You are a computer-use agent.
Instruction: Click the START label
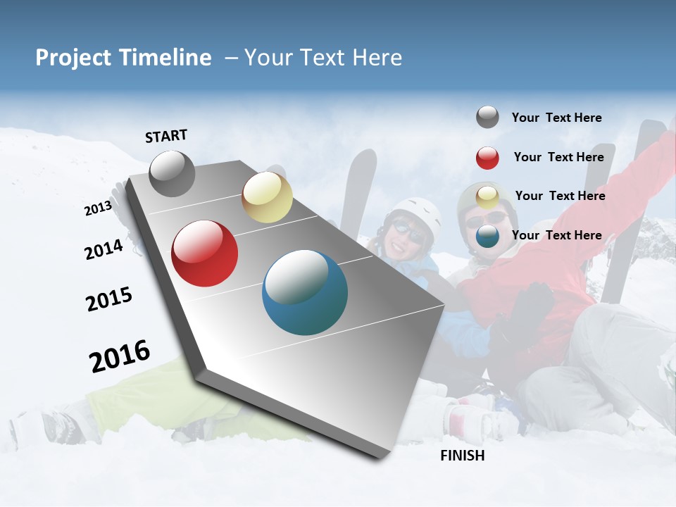166,136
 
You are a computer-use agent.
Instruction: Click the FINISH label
462,456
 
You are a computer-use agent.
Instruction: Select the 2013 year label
98,208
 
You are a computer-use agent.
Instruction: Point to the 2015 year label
109,299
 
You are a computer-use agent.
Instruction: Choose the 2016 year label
120,356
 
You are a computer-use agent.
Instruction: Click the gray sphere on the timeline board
172,174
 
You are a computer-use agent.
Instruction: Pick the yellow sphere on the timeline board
267,197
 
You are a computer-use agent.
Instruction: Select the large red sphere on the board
204,254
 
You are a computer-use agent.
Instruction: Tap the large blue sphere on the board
305,292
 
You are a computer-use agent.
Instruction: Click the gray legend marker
487,118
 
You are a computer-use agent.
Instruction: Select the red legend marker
487,158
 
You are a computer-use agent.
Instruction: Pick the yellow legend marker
487,197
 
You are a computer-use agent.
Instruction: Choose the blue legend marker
487,237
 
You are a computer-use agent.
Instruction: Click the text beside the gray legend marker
556,118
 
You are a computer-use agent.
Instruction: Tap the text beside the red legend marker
558,157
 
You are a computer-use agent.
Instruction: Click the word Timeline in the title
165,58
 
